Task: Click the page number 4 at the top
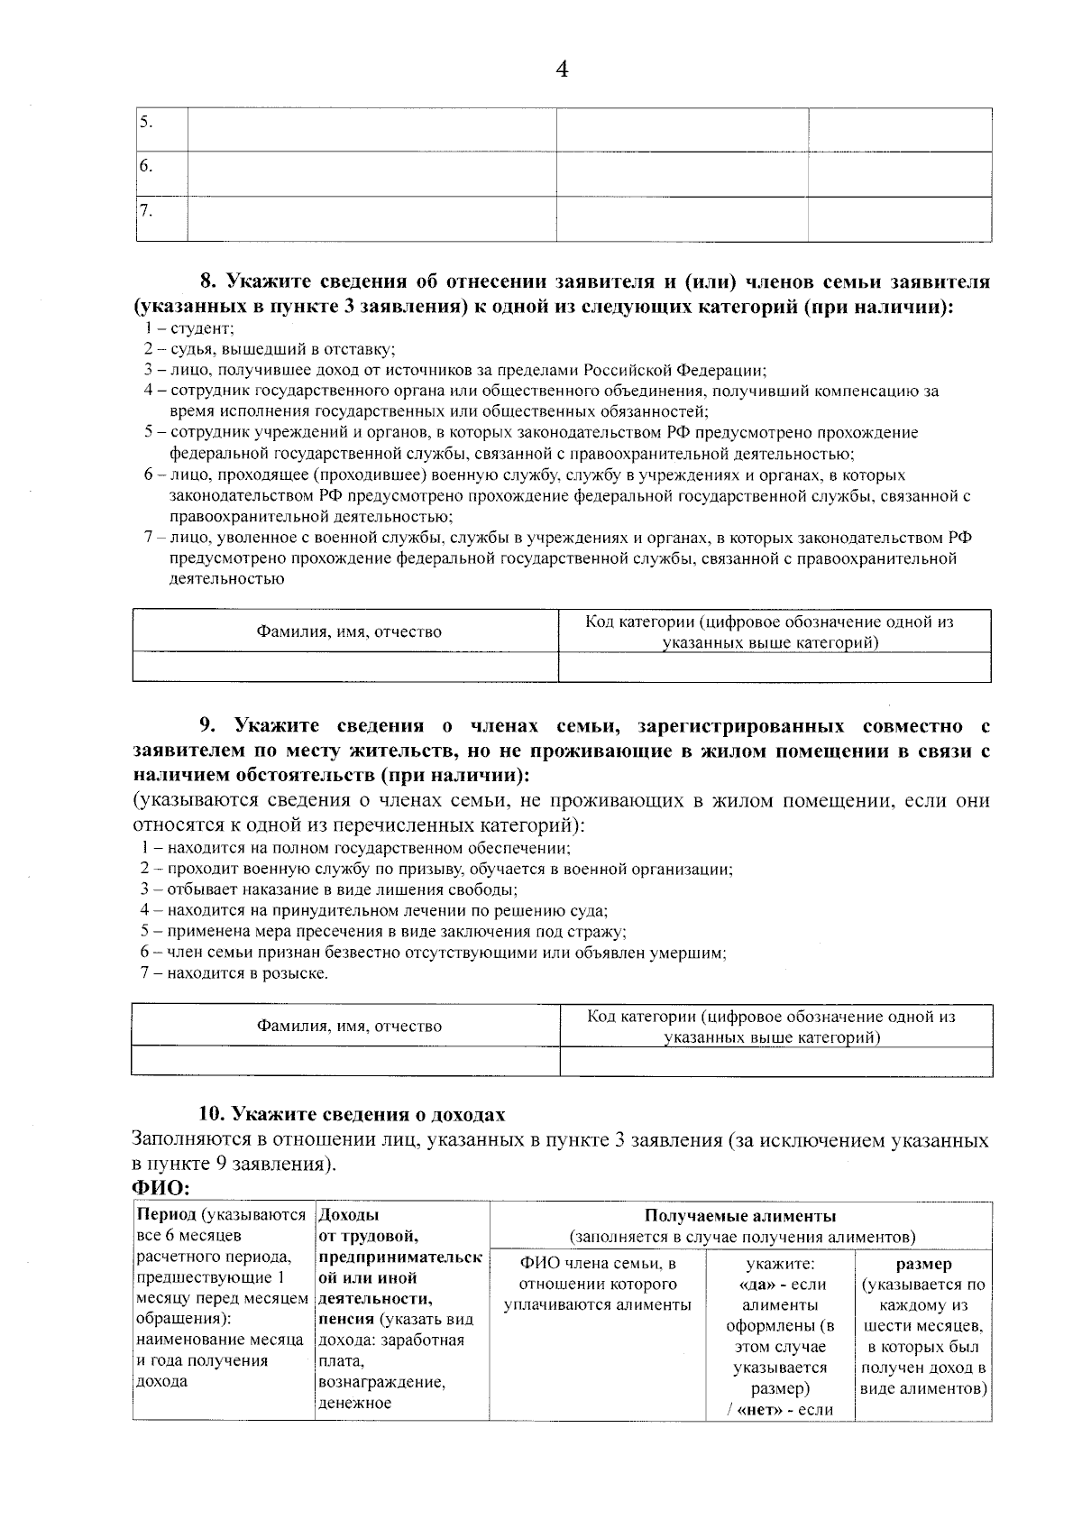[x=562, y=69]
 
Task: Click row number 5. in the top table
[x=146, y=122]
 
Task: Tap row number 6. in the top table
[x=146, y=166]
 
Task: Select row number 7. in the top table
[x=146, y=211]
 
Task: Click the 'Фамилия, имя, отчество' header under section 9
[x=349, y=1026]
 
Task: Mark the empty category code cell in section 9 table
[x=775, y=1061]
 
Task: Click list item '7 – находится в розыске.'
[x=234, y=973]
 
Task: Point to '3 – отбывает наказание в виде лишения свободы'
[x=328, y=889]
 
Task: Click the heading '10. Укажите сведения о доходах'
[x=352, y=1114]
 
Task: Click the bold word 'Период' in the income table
[x=166, y=1215]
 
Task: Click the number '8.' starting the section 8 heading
[x=210, y=282]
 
